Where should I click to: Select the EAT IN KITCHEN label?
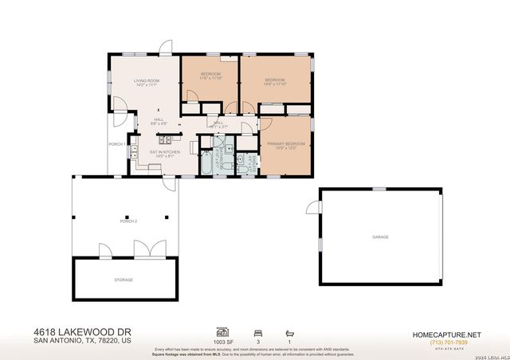coord(165,151)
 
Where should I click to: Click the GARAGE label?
coord(380,237)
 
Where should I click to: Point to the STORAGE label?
coord(123,280)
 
